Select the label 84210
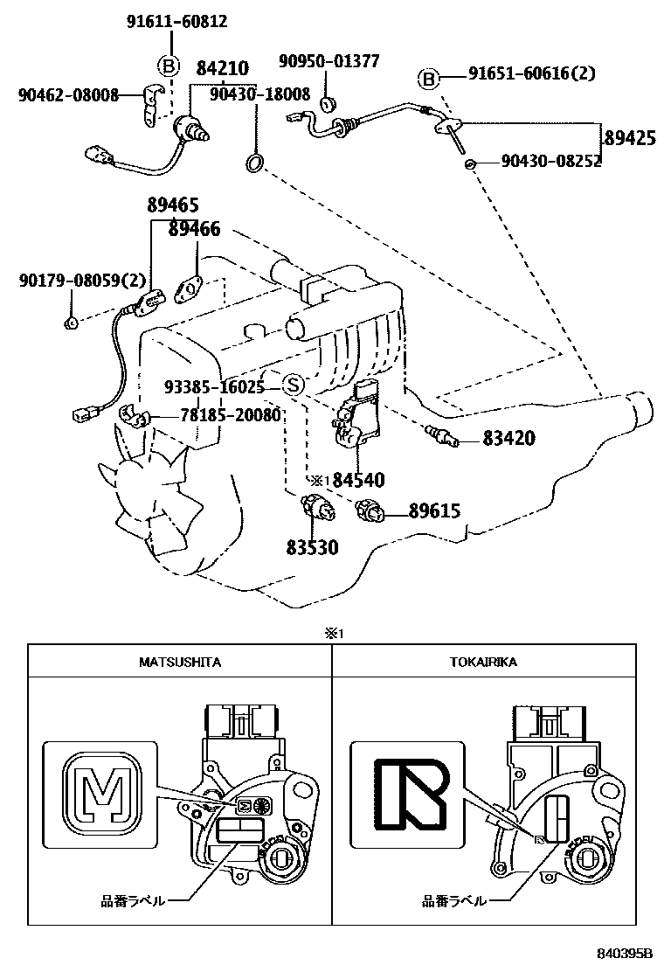(222, 67)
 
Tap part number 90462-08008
(68, 95)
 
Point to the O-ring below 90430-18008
(255, 163)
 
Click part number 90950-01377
(329, 61)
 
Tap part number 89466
(194, 229)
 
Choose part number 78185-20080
(218, 415)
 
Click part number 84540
(357, 480)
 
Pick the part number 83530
(312, 548)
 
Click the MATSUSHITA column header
(180, 662)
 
